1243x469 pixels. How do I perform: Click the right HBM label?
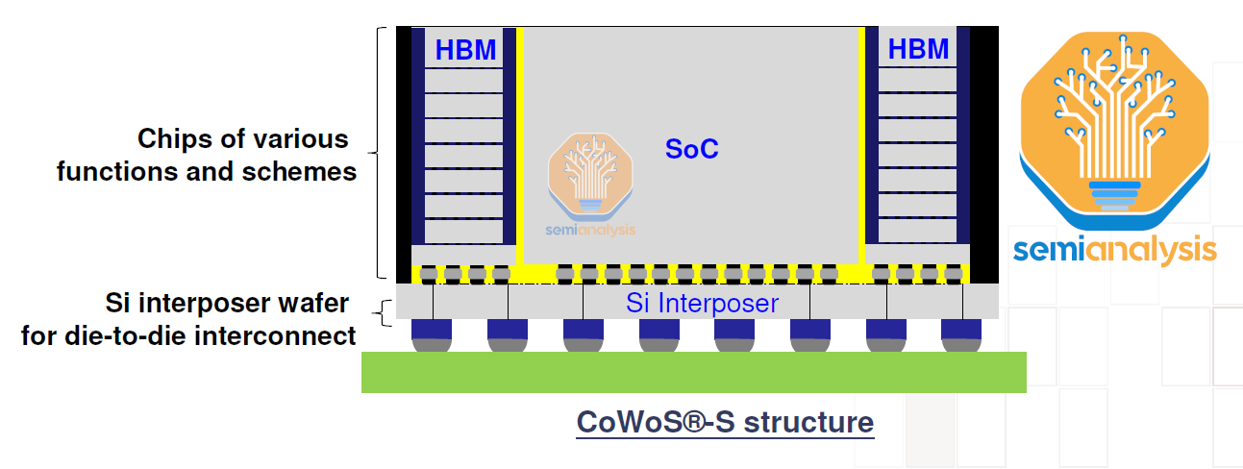point(918,50)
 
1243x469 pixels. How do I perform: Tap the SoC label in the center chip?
point(692,149)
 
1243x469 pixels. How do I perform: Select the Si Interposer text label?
point(702,304)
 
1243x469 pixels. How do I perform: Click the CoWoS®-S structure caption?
point(725,422)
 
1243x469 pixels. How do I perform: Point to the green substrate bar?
point(693,372)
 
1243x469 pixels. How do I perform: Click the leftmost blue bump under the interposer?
point(432,332)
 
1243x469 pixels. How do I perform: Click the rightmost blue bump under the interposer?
point(960,332)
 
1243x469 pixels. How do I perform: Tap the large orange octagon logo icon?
point(1113,120)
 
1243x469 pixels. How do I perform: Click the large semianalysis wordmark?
point(1114,249)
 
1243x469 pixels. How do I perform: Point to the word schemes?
point(305,172)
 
